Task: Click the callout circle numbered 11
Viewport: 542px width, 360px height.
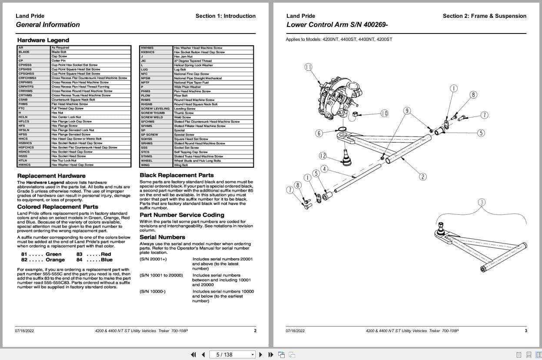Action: pos(309,67)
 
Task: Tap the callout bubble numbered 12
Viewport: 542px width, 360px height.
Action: pos(323,156)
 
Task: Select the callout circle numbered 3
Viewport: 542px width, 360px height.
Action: pos(482,202)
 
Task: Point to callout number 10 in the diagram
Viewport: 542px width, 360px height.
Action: pos(384,113)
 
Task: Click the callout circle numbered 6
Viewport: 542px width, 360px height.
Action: pos(319,133)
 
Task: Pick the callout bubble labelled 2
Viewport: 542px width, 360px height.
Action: pos(422,177)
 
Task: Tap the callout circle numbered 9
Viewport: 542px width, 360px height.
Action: pos(407,111)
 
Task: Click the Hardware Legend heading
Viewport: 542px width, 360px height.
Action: pos(37,40)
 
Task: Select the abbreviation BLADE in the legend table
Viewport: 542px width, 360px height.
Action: pos(24,52)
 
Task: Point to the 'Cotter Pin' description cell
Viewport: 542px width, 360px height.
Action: pos(58,61)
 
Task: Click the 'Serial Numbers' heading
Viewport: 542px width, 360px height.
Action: pos(162,237)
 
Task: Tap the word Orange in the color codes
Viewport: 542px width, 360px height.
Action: pos(55,260)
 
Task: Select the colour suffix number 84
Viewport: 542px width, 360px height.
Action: pos(79,260)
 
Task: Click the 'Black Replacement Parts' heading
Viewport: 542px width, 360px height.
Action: pos(176,175)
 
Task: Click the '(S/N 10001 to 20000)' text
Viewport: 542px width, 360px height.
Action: pos(161,275)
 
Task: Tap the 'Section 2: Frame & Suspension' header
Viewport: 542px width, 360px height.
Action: pos(484,16)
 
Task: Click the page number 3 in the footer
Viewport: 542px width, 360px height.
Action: pos(526,331)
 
